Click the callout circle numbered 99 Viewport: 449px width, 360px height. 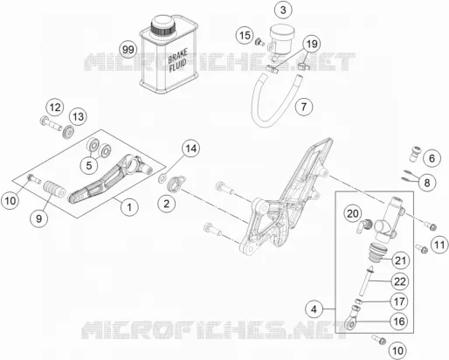pyautogui.click(x=128, y=50)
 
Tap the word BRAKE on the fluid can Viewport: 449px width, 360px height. pyautogui.click(x=177, y=55)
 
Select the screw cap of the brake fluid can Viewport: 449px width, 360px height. pyautogui.click(x=163, y=25)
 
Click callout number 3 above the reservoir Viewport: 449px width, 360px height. pyautogui.click(x=283, y=10)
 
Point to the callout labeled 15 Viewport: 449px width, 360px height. pyautogui.click(x=245, y=36)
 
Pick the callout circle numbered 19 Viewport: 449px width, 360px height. pyautogui.click(x=311, y=45)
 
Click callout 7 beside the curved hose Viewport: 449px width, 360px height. pyautogui.click(x=304, y=107)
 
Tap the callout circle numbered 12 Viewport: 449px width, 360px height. pyautogui.click(x=55, y=107)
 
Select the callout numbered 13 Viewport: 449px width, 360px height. pyautogui.click(x=78, y=117)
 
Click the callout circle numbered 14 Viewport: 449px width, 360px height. pyautogui.click(x=191, y=149)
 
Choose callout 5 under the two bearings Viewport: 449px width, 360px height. pyautogui.click(x=89, y=165)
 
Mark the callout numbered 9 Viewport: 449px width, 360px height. pyautogui.click(x=39, y=218)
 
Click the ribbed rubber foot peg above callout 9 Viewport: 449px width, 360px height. pyautogui.click(x=54, y=189)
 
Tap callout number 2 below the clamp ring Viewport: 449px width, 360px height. pyautogui.click(x=166, y=204)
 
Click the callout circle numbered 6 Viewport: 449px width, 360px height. pyautogui.click(x=432, y=158)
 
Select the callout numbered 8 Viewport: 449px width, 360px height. pyautogui.click(x=427, y=183)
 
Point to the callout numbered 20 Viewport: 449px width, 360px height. pyautogui.click(x=353, y=214)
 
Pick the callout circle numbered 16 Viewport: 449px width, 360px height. pyautogui.click(x=399, y=322)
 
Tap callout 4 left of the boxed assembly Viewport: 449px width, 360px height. pyautogui.click(x=314, y=309)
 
